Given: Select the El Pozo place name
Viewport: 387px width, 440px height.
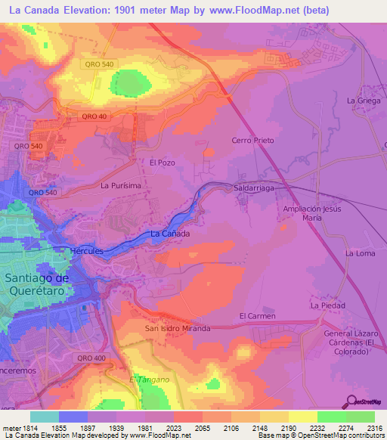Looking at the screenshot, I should (162, 163).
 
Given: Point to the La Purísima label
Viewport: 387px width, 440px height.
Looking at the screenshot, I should (121, 184).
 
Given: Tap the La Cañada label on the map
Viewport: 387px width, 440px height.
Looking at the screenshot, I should (170, 234).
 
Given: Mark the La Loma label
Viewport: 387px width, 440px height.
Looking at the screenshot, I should (361, 253).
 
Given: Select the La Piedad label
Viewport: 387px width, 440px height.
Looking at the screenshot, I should (328, 305).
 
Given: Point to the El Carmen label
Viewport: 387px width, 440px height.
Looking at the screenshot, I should (257, 315).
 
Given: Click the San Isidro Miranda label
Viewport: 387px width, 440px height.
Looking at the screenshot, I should (178, 329).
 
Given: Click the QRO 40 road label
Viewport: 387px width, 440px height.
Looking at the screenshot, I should (95, 116).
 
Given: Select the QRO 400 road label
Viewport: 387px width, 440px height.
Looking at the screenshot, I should (91, 358).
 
